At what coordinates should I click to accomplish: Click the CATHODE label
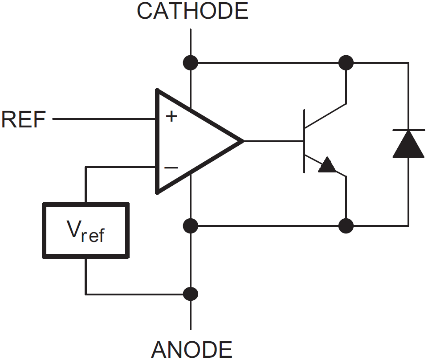(192, 11)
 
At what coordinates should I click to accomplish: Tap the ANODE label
(192, 350)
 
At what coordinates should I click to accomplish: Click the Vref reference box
(86, 230)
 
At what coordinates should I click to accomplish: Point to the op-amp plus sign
(171, 117)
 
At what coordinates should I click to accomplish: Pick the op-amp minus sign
(171, 168)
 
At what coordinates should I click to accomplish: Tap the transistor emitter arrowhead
(328, 165)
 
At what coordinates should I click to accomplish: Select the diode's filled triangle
(408, 145)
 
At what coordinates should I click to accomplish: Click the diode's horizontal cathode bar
(408, 130)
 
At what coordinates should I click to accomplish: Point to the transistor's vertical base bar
(305, 141)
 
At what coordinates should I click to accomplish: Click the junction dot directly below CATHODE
(191, 62)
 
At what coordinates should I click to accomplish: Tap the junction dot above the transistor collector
(346, 62)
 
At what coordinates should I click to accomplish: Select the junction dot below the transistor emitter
(346, 226)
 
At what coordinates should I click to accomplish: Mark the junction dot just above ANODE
(191, 294)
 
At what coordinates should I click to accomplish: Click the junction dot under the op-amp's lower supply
(191, 226)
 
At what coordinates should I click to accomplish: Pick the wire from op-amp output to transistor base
(274, 141)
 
